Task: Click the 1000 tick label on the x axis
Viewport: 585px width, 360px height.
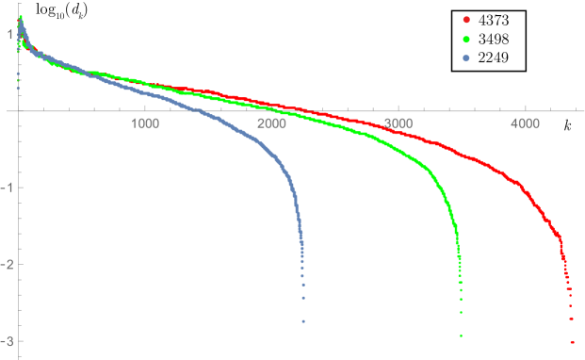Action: pos(144,123)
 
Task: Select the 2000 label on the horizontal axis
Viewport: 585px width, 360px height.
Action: pos(271,123)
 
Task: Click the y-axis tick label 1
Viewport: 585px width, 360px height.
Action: pos(8,34)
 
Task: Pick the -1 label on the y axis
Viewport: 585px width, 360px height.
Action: pos(7,188)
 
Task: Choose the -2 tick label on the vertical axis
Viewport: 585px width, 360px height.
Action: pos(7,264)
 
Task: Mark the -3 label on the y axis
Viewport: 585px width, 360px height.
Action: pos(7,340)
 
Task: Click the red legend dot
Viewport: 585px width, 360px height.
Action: pos(466,19)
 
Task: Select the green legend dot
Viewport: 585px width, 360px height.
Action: pos(466,39)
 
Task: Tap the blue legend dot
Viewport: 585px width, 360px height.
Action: pos(466,58)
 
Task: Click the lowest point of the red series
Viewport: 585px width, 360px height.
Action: pos(572,341)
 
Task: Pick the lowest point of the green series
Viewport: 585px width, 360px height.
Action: pos(461,335)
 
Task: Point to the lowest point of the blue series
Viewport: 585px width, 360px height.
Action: pos(303,321)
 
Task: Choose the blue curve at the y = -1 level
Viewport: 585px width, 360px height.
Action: pos(286,188)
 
